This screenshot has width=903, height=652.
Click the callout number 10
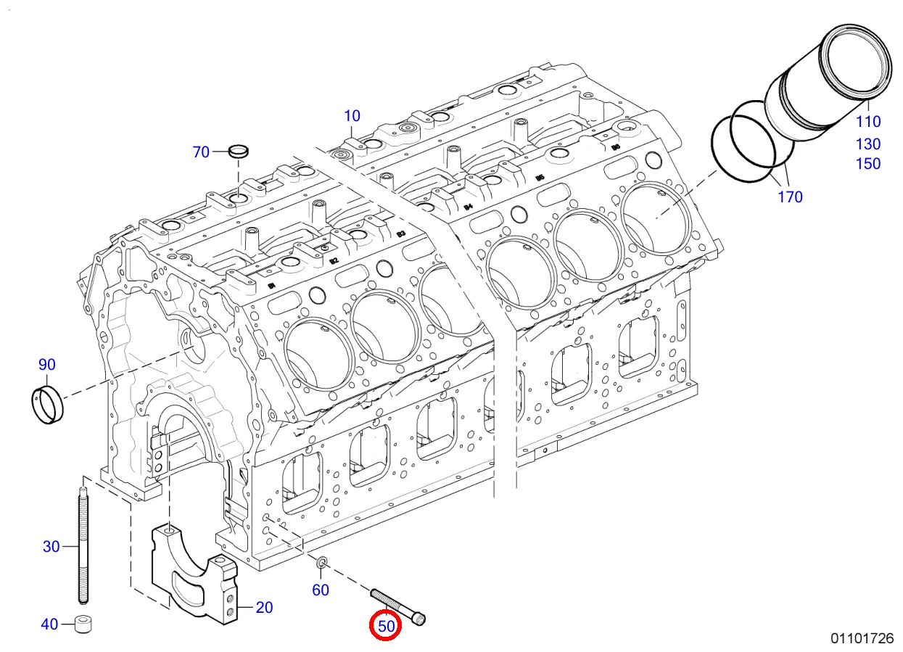tap(352, 115)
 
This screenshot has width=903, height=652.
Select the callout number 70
tap(201, 152)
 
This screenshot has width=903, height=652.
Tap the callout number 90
tap(46, 364)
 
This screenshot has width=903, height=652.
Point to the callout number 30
tap(51, 546)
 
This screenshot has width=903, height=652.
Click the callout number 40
tap(49, 624)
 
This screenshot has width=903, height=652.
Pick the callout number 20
tap(264, 607)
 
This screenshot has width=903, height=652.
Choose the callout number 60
tap(321, 590)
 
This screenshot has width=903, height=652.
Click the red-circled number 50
tap(385, 626)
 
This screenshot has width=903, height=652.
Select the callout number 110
tap(868, 122)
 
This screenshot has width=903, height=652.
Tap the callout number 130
tap(868, 144)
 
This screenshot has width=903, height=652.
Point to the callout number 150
tap(868, 164)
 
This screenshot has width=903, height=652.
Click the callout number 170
tap(790, 197)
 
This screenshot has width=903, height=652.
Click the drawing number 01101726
tap(862, 638)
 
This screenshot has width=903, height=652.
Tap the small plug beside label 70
tap(238, 151)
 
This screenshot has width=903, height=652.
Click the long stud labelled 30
tap(82, 544)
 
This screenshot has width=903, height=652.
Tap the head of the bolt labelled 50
tap(419, 618)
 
